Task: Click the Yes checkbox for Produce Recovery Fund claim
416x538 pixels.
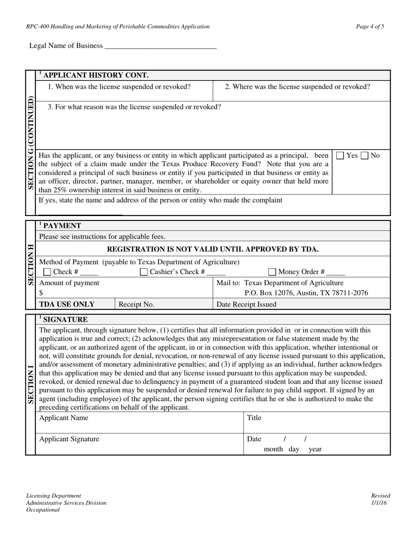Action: (x=340, y=156)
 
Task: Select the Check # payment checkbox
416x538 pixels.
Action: (x=47, y=272)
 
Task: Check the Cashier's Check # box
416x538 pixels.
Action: (x=144, y=272)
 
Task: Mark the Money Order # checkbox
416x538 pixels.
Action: (x=272, y=272)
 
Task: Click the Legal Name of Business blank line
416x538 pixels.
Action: (x=161, y=46)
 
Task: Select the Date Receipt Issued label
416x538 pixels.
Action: (x=247, y=304)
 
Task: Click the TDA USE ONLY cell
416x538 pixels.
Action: (x=67, y=304)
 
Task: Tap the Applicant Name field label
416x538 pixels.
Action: (x=63, y=418)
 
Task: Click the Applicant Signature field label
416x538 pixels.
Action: (x=69, y=439)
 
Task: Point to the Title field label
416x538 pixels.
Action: (x=254, y=418)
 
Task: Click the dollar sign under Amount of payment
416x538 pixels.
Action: (x=41, y=293)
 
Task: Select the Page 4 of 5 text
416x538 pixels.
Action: (x=370, y=27)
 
